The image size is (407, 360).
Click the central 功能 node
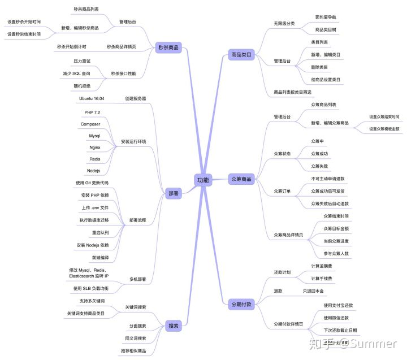tap(202, 180)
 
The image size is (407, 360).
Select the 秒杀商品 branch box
tap(168, 47)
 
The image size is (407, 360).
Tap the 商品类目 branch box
tap(241, 55)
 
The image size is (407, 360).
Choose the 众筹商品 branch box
tap(241, 179)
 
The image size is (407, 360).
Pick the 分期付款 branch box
tap(241, 304)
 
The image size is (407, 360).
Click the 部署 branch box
tap(173, 193)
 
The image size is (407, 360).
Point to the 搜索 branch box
tap(173, 326)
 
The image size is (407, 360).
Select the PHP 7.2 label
tap(92, 112)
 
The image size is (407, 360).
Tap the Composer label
tap(90, 124)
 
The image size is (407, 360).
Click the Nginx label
tap(94, 147)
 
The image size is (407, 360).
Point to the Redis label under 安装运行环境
tap(94, 159)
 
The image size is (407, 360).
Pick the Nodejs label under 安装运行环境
tap(93, 170)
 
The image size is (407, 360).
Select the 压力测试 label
tap(82, 60)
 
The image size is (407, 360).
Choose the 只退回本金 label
tap(313, 291)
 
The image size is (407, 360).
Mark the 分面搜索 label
tap(137, 326)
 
